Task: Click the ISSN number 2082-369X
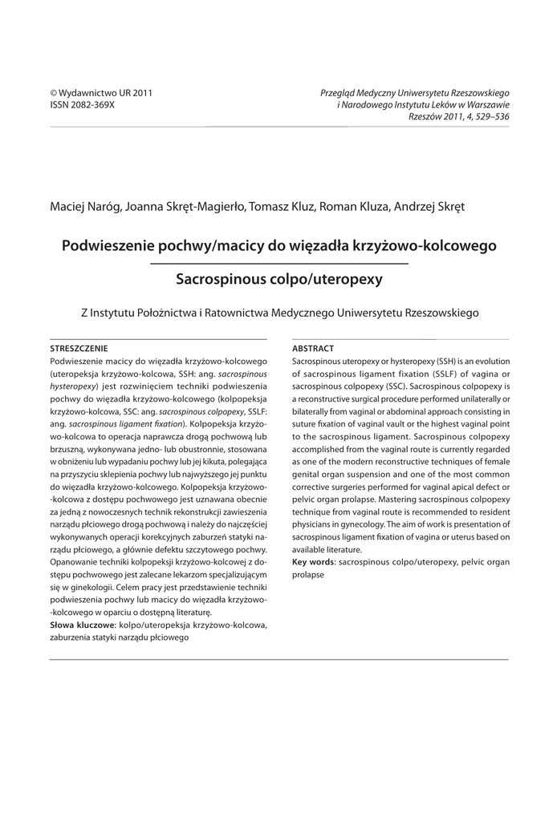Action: click(x=83, y=104)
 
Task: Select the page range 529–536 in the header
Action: click(x=490, y=116)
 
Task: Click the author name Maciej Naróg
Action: click(x=85, y=207)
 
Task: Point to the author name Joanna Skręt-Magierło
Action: click(x=185, y=207)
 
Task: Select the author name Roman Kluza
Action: click(x=353, y=207)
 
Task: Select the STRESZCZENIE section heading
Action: click(x=79, y=349)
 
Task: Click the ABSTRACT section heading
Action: click(x=313, y=349)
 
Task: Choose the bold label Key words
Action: click(x=313, y=564)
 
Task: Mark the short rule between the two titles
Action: click(x=278, y=263)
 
